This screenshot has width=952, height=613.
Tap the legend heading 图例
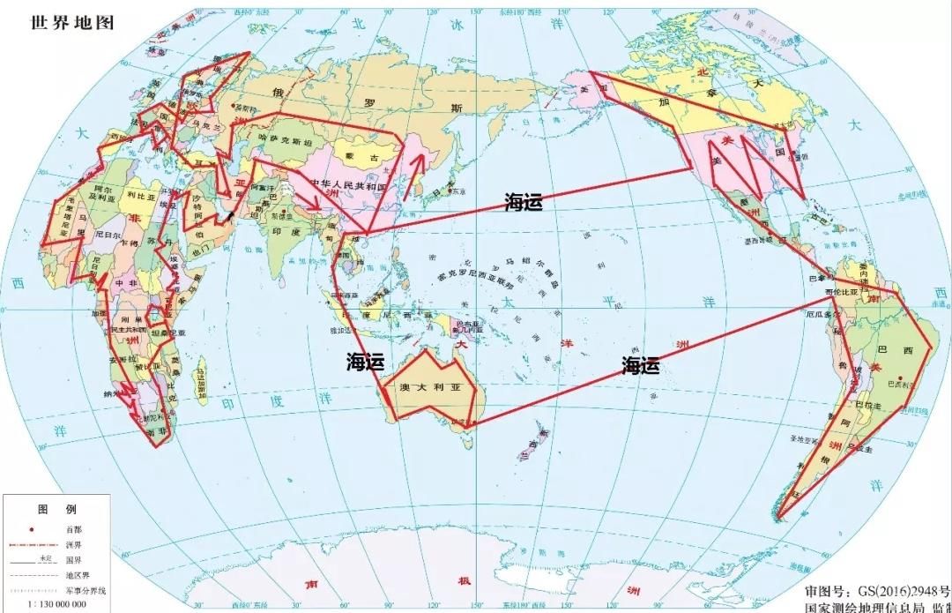coord(56,510)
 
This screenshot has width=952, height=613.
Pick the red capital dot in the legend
coord(32,529)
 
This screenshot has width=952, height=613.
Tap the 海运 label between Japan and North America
coord(523,202)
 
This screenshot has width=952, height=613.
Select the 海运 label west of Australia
coord(365,361)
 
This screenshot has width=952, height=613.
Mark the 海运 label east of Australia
coord(641,365)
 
